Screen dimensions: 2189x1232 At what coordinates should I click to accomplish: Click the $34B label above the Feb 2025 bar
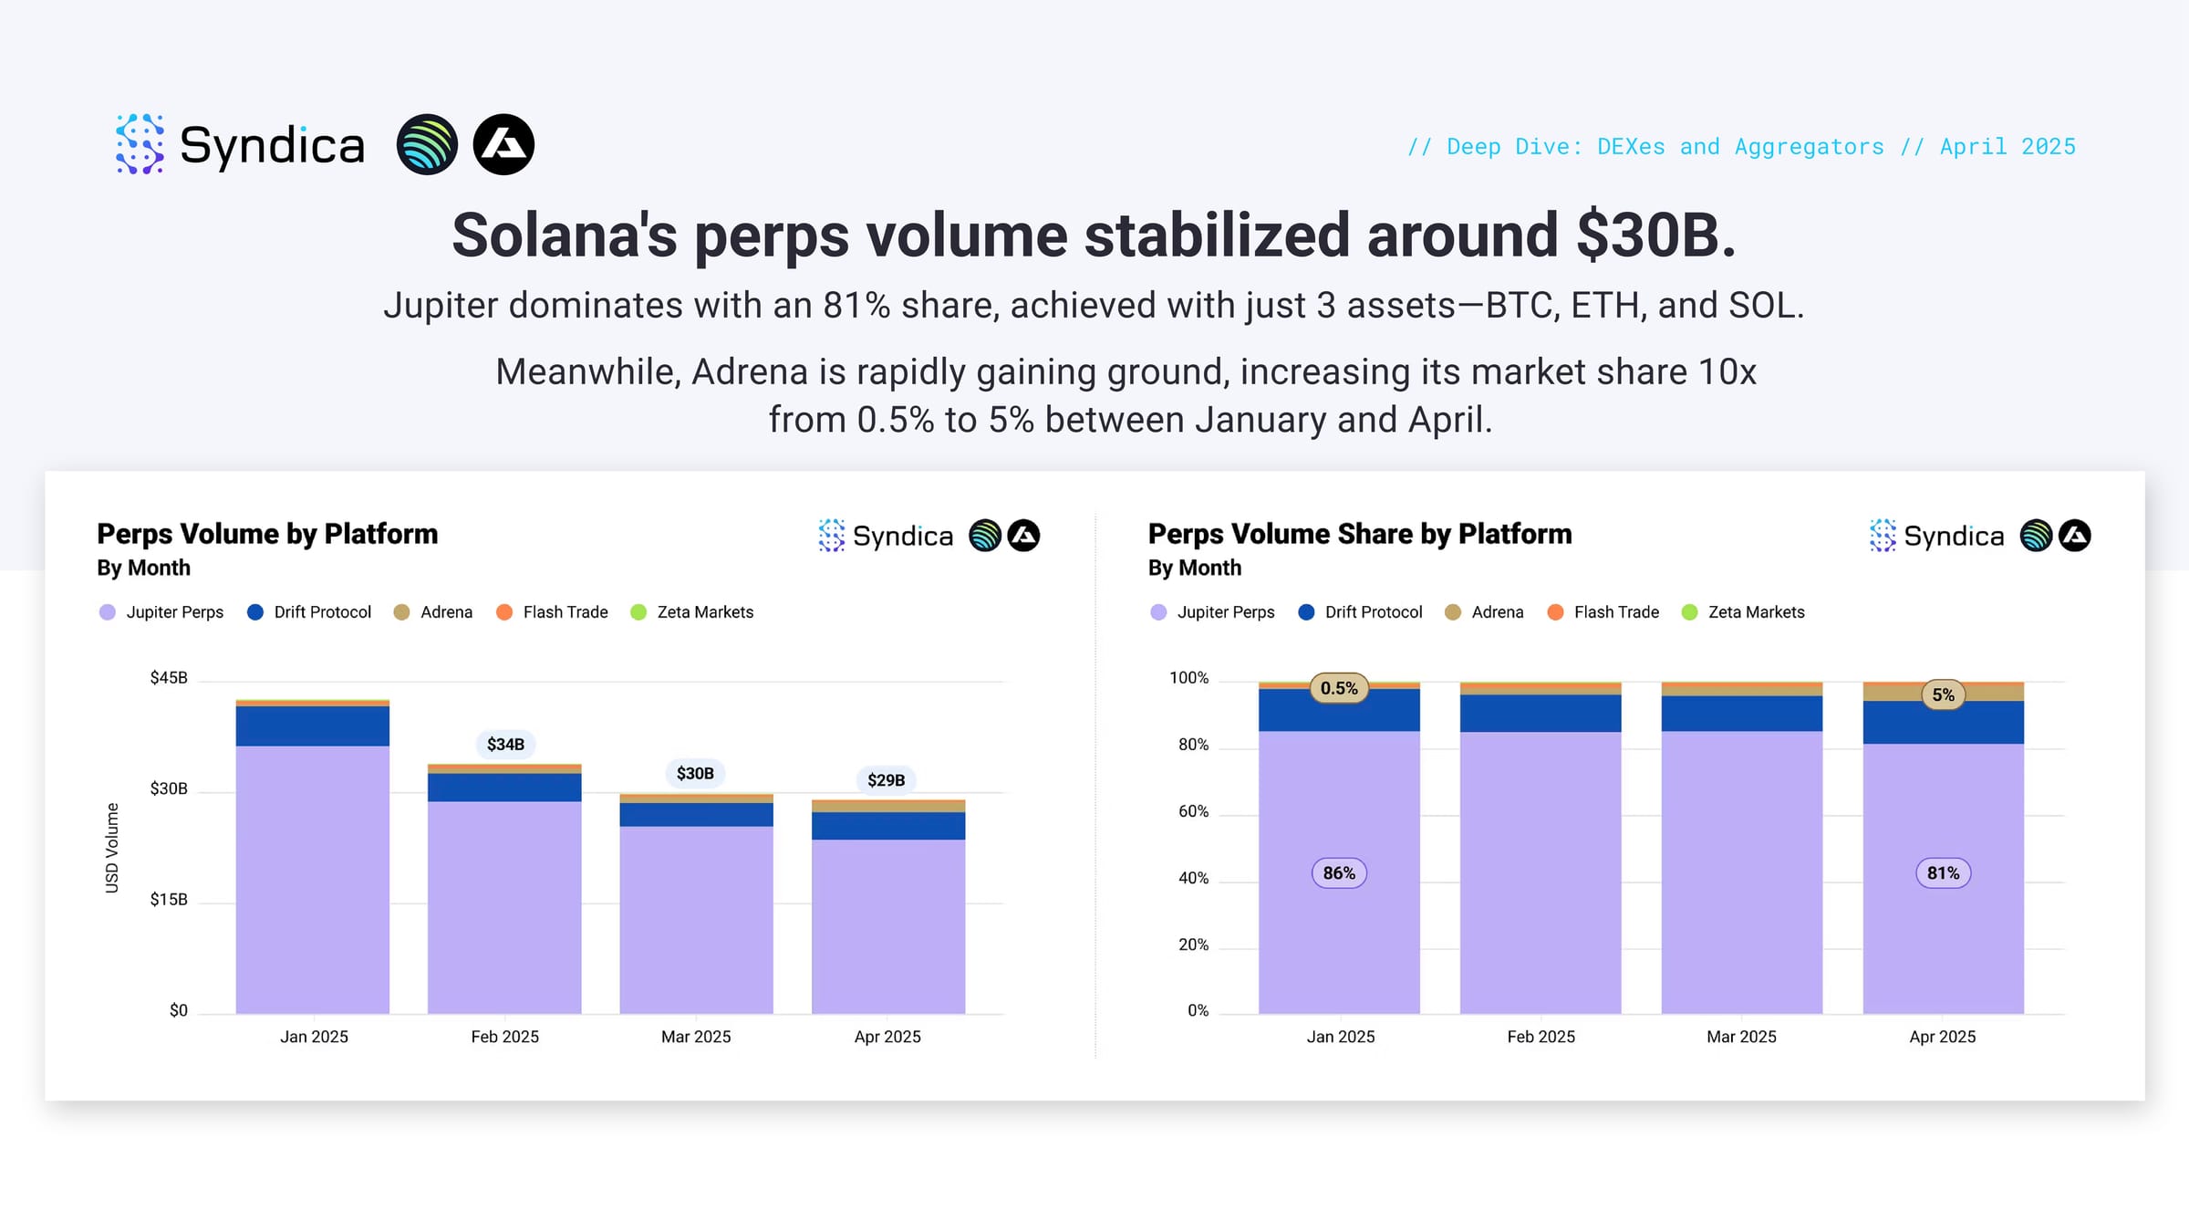505,745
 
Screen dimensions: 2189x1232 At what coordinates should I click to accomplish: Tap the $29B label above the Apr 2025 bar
887,780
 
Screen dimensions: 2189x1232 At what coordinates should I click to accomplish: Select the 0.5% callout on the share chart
1339,688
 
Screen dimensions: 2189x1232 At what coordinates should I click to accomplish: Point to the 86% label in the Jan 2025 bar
1339,873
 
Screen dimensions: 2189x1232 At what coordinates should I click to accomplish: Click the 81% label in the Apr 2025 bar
1943,873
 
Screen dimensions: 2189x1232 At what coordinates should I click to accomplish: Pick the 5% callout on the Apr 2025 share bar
1944,694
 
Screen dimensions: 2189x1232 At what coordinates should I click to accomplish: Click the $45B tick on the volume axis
169,678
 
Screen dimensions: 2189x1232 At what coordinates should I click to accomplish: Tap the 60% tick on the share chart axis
1193,811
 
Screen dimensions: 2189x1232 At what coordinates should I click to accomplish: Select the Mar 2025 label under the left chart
696,1037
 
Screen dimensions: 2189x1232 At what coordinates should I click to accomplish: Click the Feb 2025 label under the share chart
1541,1037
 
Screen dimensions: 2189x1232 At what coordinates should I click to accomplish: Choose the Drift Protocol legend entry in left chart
309,612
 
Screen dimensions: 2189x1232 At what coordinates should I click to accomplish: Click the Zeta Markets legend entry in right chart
1743,612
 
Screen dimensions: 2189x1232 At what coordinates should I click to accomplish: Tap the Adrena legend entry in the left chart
433,612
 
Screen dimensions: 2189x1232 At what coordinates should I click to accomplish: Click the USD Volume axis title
112,848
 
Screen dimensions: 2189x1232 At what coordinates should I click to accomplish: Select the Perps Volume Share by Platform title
1360,534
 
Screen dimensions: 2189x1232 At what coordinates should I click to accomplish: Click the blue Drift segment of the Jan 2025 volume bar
313,726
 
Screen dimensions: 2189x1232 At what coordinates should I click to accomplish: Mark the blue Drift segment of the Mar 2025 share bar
1742,714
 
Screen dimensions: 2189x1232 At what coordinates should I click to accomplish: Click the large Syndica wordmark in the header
272,145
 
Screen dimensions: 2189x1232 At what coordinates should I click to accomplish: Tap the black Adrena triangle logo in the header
503,144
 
